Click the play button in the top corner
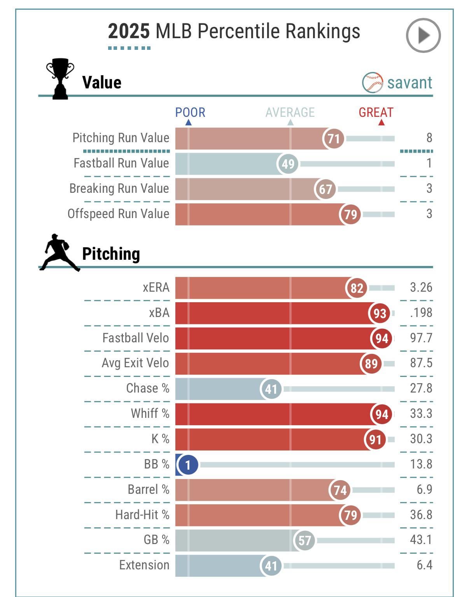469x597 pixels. (x=423, y=35)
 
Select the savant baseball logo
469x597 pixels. (x=372, y=82)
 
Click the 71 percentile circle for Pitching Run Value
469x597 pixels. (x=334, y=139)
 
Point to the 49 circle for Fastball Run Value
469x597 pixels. (x=288, y=164)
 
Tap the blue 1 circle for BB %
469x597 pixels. (x=188, y=465)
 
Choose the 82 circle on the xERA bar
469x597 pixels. (x=357, y=288)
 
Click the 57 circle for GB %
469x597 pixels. (x=304, y=540)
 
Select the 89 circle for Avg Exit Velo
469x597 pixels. (x=371, y=363)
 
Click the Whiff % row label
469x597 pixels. (x=150, y=413)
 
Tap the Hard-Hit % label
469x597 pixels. (x=142, y=514)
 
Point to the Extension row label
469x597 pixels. (x=144, y=565)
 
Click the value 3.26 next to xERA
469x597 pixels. (x=421, y=287)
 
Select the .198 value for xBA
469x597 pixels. (x=421, y=313)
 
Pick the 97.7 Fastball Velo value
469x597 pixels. (x=421, y=338)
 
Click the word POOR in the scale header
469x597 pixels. (x=190, y=113)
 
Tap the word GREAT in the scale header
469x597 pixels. (x=376, y=113)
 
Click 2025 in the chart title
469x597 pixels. (x=129, y=32)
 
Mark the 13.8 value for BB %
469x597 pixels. (x=421, y=464)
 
